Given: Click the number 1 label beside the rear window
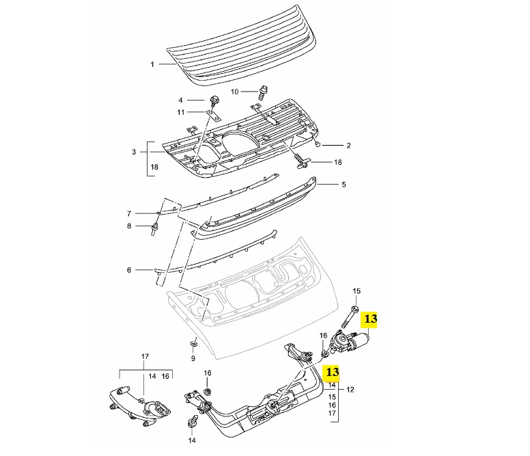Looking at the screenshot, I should (x=153, y=64).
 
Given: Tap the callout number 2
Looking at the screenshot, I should (x=348, y=145).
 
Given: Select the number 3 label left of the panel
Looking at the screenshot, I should (x=135, y=152).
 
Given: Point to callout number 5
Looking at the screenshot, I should (x=344, y=184).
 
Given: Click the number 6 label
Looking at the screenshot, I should (x=128, y=270).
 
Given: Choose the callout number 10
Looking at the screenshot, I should (x=234, y=91).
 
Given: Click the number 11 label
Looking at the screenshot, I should (x=181, y=112).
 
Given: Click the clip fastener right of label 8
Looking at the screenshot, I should (x=155, y=226).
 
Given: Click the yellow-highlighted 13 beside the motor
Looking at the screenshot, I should (x=370, y=318).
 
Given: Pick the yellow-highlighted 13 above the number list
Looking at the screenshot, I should (x=332, y=373).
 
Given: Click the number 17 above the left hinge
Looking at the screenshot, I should (x=144, y=356).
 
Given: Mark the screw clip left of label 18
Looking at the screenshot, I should (x=303, y=161).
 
